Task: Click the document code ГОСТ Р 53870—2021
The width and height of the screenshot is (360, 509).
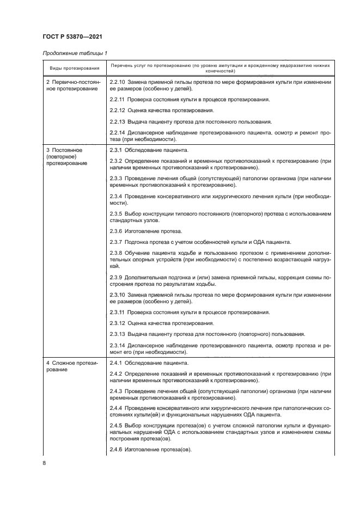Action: point(72,36)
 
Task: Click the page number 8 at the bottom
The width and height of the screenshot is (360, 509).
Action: point(45,463)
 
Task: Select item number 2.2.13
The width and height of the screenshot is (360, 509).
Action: point(117,121)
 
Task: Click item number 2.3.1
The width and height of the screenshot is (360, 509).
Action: point(115,149)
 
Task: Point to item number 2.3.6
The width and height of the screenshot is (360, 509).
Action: point(115,231)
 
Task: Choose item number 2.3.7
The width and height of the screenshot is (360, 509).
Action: point(115,242)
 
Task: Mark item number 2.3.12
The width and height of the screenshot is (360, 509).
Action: point(117,323)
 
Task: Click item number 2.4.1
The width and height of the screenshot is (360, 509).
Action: point(115,362)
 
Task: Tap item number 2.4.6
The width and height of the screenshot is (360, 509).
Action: point(115,449)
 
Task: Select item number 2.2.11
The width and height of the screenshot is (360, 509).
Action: point(117,100)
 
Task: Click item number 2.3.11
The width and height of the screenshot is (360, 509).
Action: point(117,312)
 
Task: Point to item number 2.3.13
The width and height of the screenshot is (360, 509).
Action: point(117,333)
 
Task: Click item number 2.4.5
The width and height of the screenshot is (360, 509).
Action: point(115,425)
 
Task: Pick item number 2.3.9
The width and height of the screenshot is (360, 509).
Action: point(115,277)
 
